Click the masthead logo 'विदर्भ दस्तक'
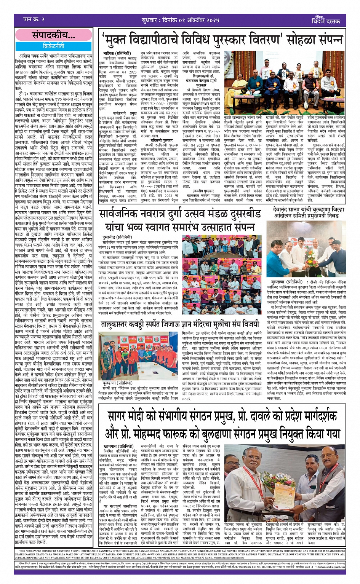pos(326,21)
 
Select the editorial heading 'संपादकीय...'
pos(54,36)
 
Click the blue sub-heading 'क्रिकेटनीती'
pos(54,46)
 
